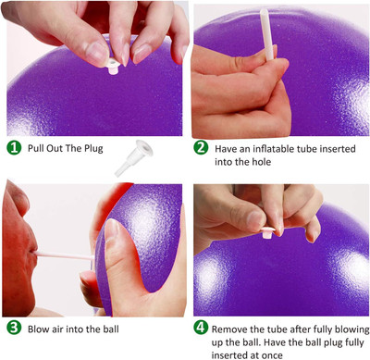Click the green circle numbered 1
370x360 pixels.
(14, 147)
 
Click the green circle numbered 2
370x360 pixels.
(201, 147)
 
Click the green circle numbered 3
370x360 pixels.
(14, 328)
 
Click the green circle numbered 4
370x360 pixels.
(201, 328)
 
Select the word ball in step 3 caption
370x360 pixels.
(123, 328)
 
